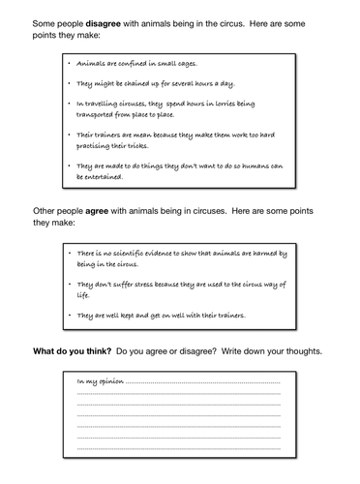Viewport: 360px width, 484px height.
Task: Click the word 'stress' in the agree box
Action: point(147,286)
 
